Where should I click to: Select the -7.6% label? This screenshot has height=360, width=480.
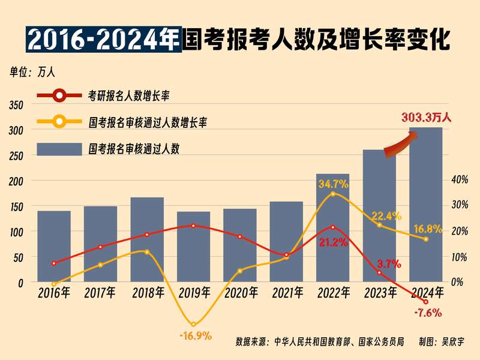pos(428,312)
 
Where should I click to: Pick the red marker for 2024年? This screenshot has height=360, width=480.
pos(426,301)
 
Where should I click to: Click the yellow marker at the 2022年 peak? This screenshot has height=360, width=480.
pos(333,194)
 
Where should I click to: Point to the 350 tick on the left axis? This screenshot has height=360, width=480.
pos(16,105)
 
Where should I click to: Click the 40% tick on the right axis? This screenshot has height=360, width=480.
pos(459,179)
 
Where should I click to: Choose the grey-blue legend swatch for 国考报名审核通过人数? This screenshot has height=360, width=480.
pos(59,148)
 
